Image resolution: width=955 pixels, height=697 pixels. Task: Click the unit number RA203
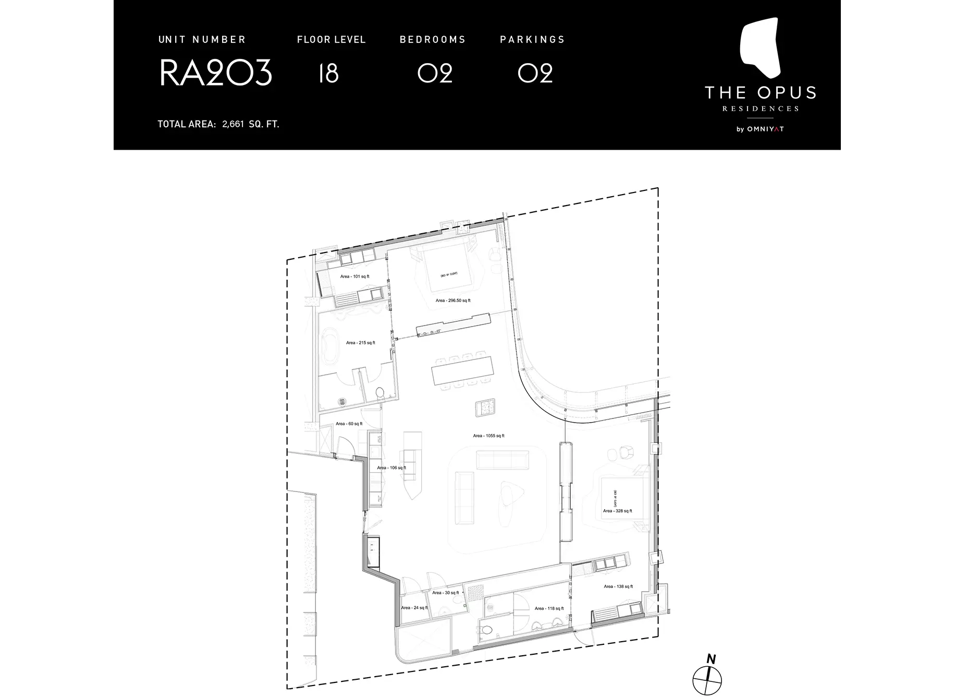(215, 73)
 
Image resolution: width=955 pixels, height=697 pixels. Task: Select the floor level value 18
(328, 73)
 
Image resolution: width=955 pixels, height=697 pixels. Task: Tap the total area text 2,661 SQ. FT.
(250, 124)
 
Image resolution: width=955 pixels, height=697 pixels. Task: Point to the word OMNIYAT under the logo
(765, 129)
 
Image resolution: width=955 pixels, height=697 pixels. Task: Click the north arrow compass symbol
(707, 679)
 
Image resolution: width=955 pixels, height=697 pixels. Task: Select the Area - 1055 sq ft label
(488, 436)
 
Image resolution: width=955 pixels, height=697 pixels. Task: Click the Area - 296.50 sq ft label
(453, 301)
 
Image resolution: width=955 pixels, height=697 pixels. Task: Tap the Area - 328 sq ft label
(617, 511)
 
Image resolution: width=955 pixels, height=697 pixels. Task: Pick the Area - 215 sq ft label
(360, 343)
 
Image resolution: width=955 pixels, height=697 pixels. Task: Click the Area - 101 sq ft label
(354, 277)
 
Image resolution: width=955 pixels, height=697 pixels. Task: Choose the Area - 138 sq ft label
(618, 586)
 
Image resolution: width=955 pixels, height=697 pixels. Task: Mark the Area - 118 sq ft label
(549, 608)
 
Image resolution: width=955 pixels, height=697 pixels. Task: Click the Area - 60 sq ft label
(349, 424)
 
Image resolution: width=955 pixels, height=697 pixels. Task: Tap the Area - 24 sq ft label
(414, 608)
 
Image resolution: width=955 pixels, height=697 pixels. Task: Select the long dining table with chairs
(462, 371)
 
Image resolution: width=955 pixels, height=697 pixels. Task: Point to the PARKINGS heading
(532, 40)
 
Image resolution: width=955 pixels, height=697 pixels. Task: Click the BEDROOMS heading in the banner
(432, 40)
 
